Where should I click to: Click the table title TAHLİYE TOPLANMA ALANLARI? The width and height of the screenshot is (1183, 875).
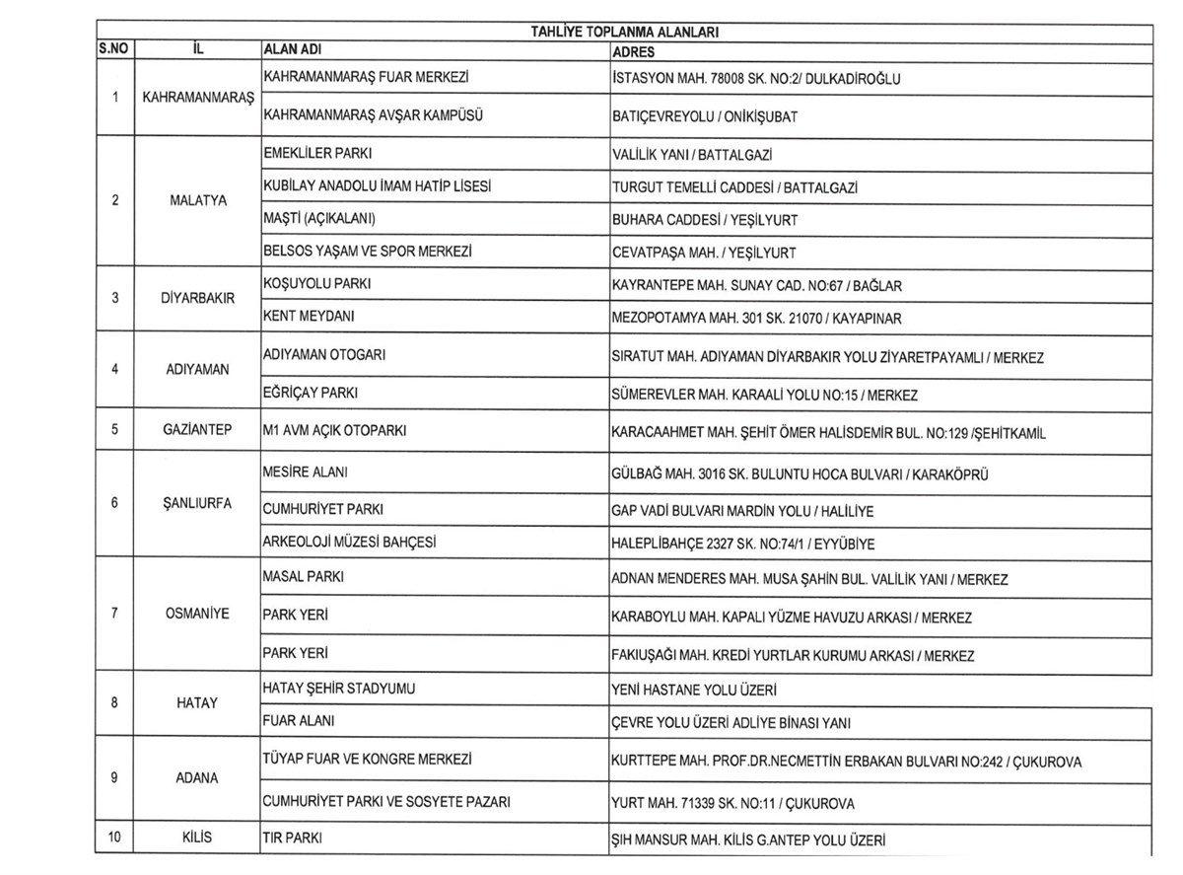[x=625, y=32]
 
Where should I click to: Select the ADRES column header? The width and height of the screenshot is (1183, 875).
[x=633, y=50]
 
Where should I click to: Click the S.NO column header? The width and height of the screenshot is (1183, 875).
[x=115, y=49]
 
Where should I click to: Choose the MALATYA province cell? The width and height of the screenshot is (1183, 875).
[x=198, y=200]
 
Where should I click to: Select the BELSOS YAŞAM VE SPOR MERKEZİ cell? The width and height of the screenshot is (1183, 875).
[x=368, y=252]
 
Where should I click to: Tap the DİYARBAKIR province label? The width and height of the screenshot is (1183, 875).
[x=198, y=298]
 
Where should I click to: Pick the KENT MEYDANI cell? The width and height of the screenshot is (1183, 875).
[x=309, y=317]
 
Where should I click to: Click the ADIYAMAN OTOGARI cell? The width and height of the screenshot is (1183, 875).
[x=324, y=353]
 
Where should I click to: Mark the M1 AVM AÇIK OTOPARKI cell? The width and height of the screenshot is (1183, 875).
[x=334, y=431]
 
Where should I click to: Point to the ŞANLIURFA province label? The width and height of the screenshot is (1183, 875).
[x=198, y=503]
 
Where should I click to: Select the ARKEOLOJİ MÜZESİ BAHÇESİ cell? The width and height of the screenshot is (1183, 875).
[x=349, y=543]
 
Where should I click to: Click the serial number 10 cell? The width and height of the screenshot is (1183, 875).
[x=115, y=839]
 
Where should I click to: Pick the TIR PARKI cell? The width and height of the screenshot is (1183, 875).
[x=293, y=839]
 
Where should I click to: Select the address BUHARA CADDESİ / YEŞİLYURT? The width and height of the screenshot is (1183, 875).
[x=705, y=219]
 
